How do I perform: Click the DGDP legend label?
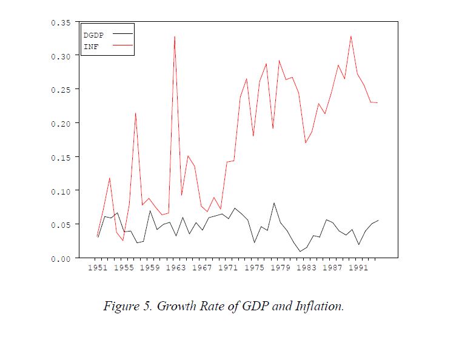[x=93, y=35]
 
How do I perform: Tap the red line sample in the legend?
[x=122, y=45]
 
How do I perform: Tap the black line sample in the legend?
[x=122, y=34]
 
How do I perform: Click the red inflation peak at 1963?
[x=175, y=37]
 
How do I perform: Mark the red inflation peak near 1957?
[x=136, y=113]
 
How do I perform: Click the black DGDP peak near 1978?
[x=273, y=203]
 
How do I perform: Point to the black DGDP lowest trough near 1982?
[x=300, y=251]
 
